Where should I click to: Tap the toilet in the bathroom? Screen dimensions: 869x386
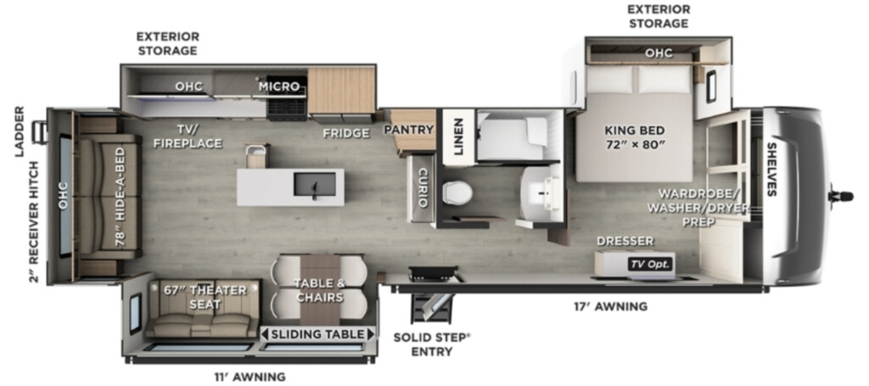click(457, 193)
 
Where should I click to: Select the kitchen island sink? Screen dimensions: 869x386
click(314, 184)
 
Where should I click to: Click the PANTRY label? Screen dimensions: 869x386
click(408, 130)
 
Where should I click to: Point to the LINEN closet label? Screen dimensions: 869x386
click(459, 136)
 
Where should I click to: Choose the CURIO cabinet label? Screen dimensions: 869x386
click(423, 188)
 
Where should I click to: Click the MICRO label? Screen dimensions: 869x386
click(278, 87)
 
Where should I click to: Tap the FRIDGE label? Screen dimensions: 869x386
click(346, 133)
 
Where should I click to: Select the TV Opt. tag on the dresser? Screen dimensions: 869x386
click(650, 264)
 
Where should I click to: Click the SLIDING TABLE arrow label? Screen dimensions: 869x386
click(317, 334)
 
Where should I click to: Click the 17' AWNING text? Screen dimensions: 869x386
click(610, 305)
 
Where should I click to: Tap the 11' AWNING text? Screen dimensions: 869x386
click(249, 378)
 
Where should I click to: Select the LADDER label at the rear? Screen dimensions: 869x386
click(20, 131)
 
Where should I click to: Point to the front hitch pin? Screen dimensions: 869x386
click(840, 196)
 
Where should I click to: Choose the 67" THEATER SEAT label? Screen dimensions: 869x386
click(205, 298)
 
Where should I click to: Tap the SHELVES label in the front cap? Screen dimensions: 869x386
click(771, 169)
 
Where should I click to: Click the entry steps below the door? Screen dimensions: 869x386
click(433, 300)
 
